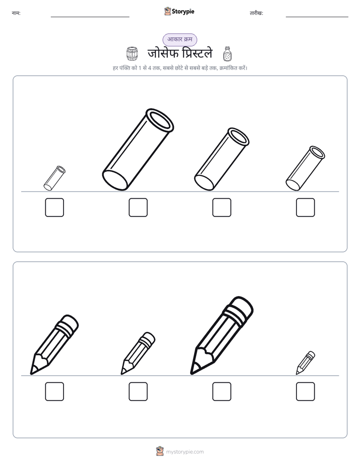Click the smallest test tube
[54, 179]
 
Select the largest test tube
[138, 149]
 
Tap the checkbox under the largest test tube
[138, 207]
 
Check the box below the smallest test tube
[54, 207]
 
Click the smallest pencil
[306, 363]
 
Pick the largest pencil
[221, 335]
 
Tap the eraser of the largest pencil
[241, 308]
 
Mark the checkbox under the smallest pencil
[306, 391]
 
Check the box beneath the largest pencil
[222, 391]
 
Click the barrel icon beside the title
[132, 53]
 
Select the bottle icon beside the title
[227, 54]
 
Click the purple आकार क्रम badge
[179, 39]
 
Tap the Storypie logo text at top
[183, 12]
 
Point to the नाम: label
[16, 13]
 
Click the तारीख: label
[256, 13]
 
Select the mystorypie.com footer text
[185, 452]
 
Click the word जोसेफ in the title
[163, 53]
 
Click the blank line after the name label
[90, 17]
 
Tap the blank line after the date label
[317, 17]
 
